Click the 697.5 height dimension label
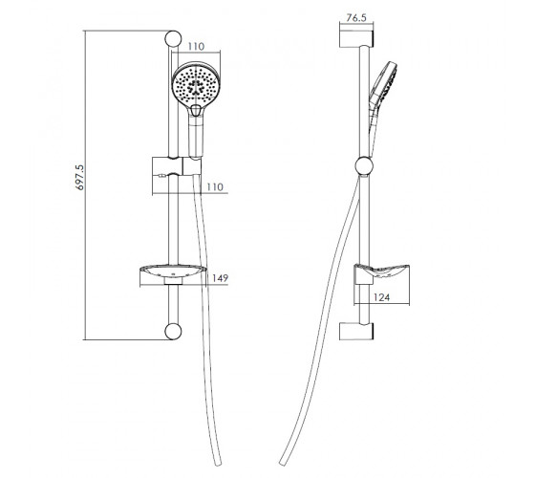pos(79,177)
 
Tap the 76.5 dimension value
pos(356,18)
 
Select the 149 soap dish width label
pos(220,278)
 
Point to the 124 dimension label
pos(381,297)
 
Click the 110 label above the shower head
pos(196,46)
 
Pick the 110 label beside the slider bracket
pos(215,186)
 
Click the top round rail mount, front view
pos(173,39)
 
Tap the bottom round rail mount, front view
pos(173,331)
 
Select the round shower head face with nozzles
pos(196,84)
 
